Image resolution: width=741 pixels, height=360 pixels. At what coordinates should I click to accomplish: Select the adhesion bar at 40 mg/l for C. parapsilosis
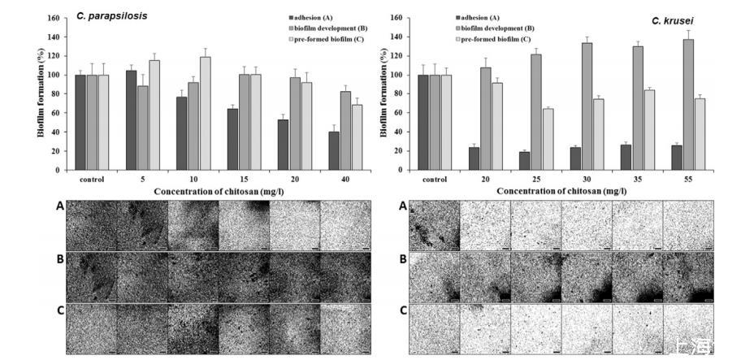(333, 151)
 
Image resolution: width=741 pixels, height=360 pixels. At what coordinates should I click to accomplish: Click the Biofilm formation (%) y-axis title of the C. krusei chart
(383, 93)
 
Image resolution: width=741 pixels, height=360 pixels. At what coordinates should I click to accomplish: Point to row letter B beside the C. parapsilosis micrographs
(58, 261)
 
